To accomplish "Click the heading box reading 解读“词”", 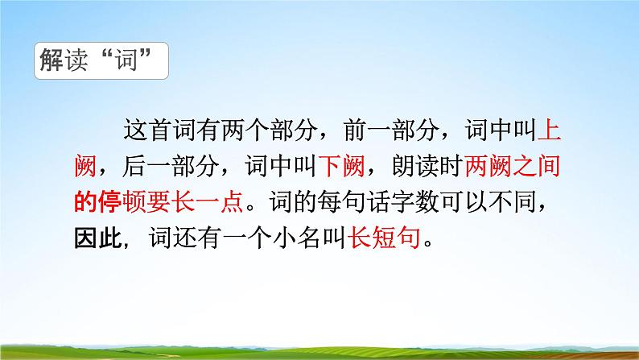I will [x=101, y=62].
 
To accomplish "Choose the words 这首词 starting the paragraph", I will [x=164, y=130].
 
